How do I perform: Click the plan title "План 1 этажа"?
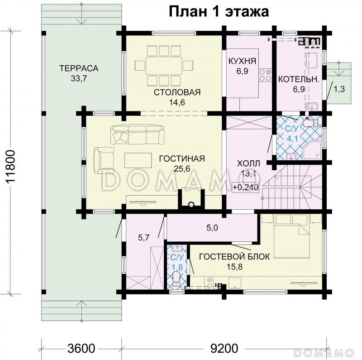[219, 11]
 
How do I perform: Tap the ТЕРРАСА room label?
[78, 68]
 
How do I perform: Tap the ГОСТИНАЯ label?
[182, 158]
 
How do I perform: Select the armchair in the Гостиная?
[104, 159]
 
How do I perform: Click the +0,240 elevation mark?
[246, 187]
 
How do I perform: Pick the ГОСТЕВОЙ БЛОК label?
[234, 256]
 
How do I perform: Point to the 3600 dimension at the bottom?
[81, 349]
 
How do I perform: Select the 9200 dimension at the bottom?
[224, 349]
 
